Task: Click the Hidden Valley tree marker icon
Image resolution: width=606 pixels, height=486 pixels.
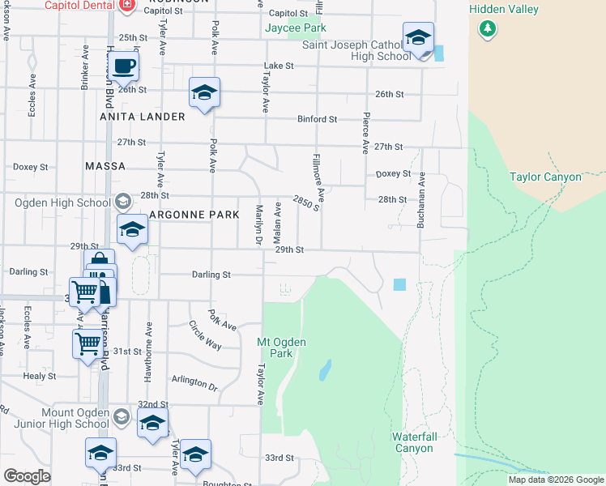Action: (487, 29)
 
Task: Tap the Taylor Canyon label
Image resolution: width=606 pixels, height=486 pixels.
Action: (545, 177)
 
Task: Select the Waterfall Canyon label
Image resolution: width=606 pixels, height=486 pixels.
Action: (414, 442)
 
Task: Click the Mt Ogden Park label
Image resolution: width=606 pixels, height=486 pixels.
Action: (281, 347)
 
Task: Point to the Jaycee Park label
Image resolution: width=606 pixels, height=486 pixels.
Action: (296, 28)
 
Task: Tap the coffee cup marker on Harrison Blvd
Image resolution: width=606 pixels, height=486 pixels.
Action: (123, 66)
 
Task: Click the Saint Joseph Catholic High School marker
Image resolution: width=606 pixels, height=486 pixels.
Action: (418, 37)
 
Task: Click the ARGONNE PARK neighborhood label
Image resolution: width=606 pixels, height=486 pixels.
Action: (194, 215)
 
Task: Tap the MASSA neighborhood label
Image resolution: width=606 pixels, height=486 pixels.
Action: (105, 166)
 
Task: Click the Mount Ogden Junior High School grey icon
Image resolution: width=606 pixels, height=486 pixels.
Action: (122, 417)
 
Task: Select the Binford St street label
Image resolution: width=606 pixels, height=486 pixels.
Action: (317, 119)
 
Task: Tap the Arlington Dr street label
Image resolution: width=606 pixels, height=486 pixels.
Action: (194, 382)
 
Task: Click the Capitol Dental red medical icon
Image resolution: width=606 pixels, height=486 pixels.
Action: (126, 6)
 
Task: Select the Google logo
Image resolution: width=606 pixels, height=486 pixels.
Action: (27, 476)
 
